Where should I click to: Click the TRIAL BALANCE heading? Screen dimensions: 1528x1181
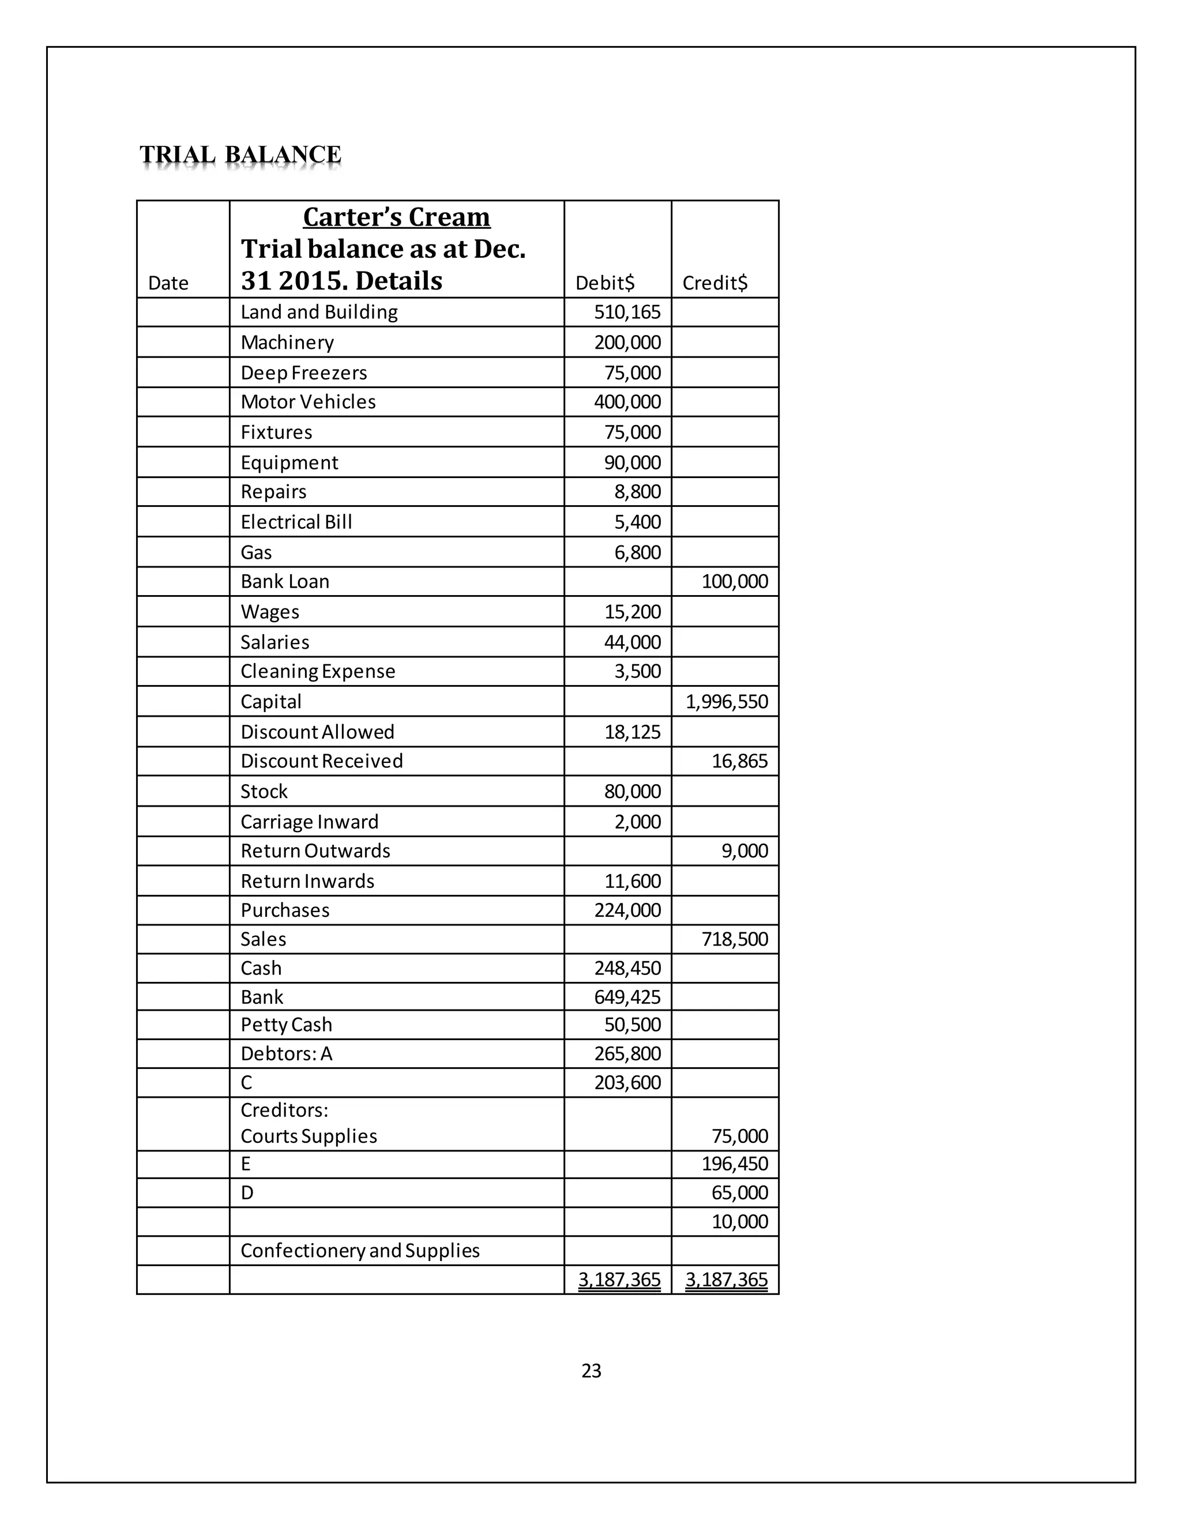click(x=240, y=155)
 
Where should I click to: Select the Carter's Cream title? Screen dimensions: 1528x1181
click(x=396, y=217)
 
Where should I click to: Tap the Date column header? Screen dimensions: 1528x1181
click(x=168, y=283)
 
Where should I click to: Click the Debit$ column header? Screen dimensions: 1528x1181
click(x=604, y=283)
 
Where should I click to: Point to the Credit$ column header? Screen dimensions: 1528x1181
click(x=714, y=283)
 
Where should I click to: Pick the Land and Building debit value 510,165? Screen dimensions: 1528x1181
click(x=627, y=312)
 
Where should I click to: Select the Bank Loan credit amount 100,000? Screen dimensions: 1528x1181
click(x=734, y=581)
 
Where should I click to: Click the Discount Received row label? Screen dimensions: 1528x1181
click(x=322, y=761)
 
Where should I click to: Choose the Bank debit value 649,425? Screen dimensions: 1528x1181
click(x=627, y=996)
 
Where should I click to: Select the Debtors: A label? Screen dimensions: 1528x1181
click(x=286, y=1053)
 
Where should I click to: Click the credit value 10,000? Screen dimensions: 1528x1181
click(x=739, y=1222)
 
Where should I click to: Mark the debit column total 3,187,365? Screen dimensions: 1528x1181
click(x=619, y=1279)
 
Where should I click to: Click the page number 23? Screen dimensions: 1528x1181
click(x=591, y=1371)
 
